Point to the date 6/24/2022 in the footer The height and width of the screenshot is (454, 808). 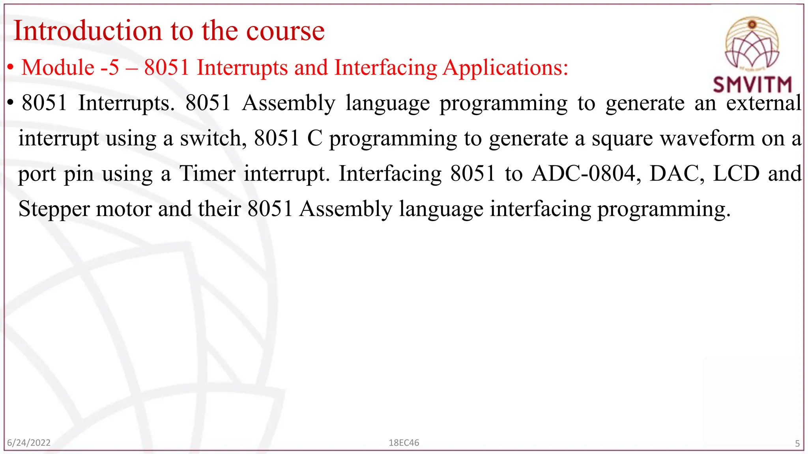point(29,443)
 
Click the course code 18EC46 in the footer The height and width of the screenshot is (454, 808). point(404,443)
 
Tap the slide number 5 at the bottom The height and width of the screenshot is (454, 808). point(797,444)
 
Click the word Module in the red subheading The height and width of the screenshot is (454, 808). point(58,67)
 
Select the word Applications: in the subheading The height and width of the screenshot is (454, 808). point(505,68)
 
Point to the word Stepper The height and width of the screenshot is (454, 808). point(54,209)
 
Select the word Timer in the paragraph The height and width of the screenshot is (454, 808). point(207,173)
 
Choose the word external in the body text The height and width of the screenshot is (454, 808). point(764,103)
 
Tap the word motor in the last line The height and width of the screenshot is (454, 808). point(123,209)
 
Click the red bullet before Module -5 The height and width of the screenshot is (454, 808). point(11,68)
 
